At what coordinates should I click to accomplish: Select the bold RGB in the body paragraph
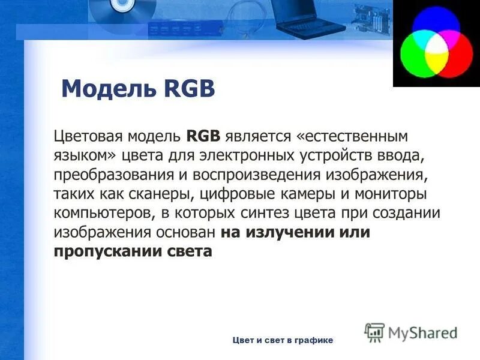(x=204, y=136)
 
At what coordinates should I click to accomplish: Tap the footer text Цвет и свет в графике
(x=282, y=340)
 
